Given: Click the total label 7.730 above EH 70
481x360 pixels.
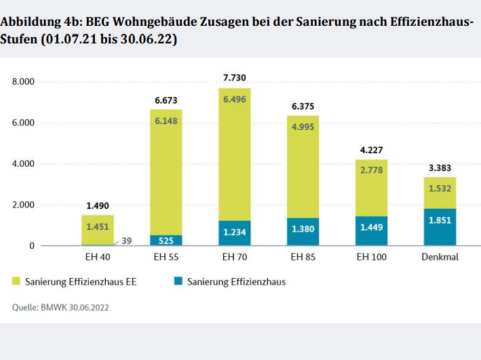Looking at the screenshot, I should (235, 78).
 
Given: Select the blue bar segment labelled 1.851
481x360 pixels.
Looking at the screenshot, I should (440, 227).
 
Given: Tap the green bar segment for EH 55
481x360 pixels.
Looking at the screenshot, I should (166, 169).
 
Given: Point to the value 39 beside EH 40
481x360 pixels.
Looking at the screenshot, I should (127, 241).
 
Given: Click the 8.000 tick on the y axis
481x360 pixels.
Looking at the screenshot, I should (23, 82).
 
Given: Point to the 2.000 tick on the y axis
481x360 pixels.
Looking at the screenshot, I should (23, 205).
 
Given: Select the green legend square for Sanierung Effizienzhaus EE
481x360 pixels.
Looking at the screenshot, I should (17, 281).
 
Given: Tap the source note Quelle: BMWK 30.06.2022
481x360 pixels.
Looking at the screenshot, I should (60, 307).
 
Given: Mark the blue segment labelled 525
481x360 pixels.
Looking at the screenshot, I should (166, 239).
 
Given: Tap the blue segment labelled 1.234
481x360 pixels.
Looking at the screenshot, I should (235, 233).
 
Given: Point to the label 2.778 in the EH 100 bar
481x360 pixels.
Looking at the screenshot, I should (371, 170).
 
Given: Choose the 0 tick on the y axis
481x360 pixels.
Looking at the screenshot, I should (31, 245).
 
